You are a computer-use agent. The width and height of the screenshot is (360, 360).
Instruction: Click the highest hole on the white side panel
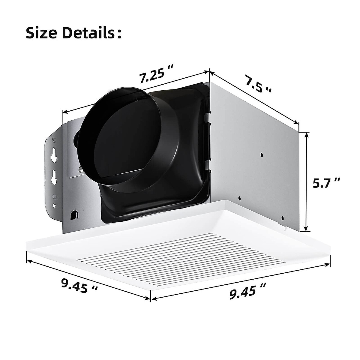[x=262, y=154]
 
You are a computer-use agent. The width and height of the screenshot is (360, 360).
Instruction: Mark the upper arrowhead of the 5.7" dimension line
[x=306, y=135]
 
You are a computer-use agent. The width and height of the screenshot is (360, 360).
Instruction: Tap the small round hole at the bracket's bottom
[x=54, y=206]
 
